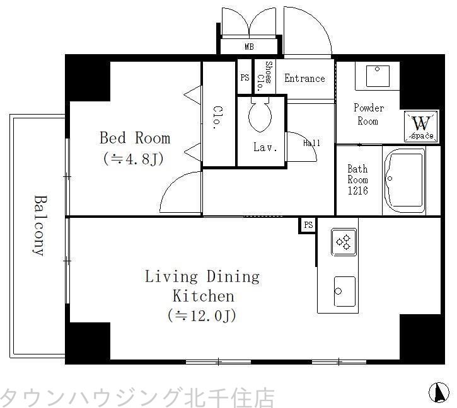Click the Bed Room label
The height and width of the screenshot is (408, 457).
click(x=135, y=138)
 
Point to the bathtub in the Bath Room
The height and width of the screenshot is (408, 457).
click(x=405, y=181)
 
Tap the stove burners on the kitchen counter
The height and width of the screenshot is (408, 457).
click(x=344, y=242)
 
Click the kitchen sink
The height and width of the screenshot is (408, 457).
click(x=344, y=291)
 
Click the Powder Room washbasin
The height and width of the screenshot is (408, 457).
click(x=377, y=78)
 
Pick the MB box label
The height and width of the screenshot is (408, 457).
click(x=250, y=47)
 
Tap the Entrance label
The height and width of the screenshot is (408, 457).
click(x=304, y=79)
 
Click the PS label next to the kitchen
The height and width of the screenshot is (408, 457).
click(x=308, y=225)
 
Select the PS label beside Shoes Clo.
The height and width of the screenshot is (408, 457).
click(x=245, y=78)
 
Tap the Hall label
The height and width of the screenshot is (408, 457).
click(x=311, y=143)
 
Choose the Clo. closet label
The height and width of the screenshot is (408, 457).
click(x=217, y=116)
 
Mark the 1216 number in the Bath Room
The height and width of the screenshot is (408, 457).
click(x=358, y=190)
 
